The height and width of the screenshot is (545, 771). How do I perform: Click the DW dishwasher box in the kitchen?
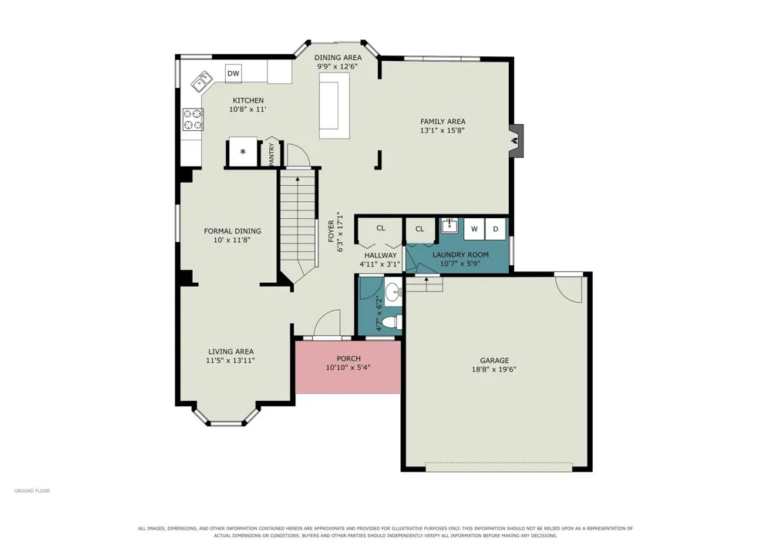[233, 74]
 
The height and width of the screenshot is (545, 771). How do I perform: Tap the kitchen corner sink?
[201, 82]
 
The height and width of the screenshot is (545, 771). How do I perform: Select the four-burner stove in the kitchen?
[194, 119]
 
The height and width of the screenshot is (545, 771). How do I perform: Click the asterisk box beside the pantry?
[243, 153]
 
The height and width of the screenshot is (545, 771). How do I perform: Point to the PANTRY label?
[271, 154]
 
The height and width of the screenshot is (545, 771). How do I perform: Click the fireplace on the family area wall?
[516, 140]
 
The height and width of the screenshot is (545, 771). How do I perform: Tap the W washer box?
[474, 228]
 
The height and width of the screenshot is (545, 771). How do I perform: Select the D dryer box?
[496, 228]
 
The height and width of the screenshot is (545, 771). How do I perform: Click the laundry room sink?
[449, 227]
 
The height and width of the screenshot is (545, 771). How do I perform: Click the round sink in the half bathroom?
[393, 294]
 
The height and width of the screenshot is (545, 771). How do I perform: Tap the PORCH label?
[348, 358]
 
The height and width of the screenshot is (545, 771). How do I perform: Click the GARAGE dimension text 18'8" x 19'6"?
[494, 369]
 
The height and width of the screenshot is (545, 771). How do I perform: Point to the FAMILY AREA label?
[443, 121]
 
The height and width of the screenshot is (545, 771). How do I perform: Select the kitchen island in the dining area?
[335, 106]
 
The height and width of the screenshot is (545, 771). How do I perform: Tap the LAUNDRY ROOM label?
[460, 254]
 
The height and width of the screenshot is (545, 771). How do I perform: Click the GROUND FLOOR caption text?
[32, 490]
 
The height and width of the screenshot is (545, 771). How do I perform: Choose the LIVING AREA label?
[231, 352]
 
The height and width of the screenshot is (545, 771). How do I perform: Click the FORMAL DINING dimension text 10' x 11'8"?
[233, 241]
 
